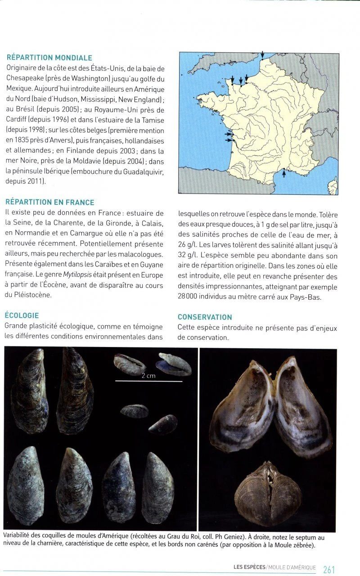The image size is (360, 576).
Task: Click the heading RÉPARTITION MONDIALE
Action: click(49, 58)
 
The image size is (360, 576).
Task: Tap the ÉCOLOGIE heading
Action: click(22, 315)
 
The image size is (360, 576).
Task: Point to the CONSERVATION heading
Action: click(205, 317)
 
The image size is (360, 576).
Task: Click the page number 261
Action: click(329, 569)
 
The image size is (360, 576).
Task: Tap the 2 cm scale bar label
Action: click(148, 376)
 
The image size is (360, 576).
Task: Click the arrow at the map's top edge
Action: click(262, 55)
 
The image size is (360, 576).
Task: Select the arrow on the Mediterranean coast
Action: click(283, 173)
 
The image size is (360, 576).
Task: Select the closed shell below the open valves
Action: click(268, 494)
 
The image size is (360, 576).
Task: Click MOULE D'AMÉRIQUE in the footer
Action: click(292, 567)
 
